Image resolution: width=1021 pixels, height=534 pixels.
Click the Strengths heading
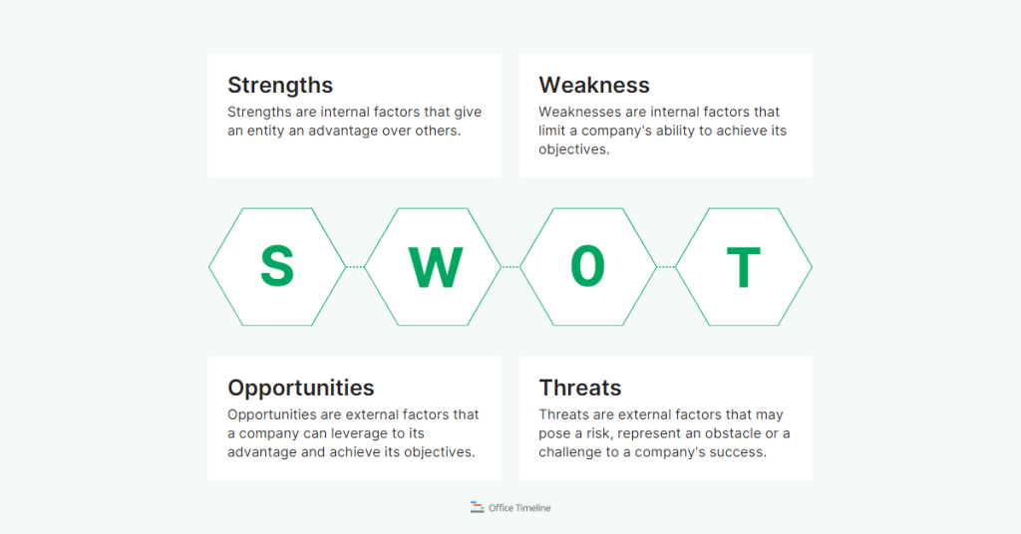280,86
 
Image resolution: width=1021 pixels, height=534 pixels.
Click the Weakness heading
594,86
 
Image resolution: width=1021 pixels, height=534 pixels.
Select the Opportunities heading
301,389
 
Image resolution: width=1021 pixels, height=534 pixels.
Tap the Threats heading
580,389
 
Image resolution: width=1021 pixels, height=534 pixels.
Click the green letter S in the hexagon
277,267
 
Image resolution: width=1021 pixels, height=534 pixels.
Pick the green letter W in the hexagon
435,267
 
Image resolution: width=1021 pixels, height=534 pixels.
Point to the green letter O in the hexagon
588,267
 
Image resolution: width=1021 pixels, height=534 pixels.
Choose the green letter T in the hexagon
744,267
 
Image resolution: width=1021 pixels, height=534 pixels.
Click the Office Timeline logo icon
477,507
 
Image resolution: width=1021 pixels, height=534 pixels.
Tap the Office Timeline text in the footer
519,508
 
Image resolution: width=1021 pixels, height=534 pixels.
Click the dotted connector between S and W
355,267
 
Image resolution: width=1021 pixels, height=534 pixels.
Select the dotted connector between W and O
510,267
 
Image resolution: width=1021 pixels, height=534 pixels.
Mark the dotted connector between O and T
666,267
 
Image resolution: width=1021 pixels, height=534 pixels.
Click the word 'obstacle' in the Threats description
736,433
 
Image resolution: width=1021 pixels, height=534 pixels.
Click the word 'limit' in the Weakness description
554,131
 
